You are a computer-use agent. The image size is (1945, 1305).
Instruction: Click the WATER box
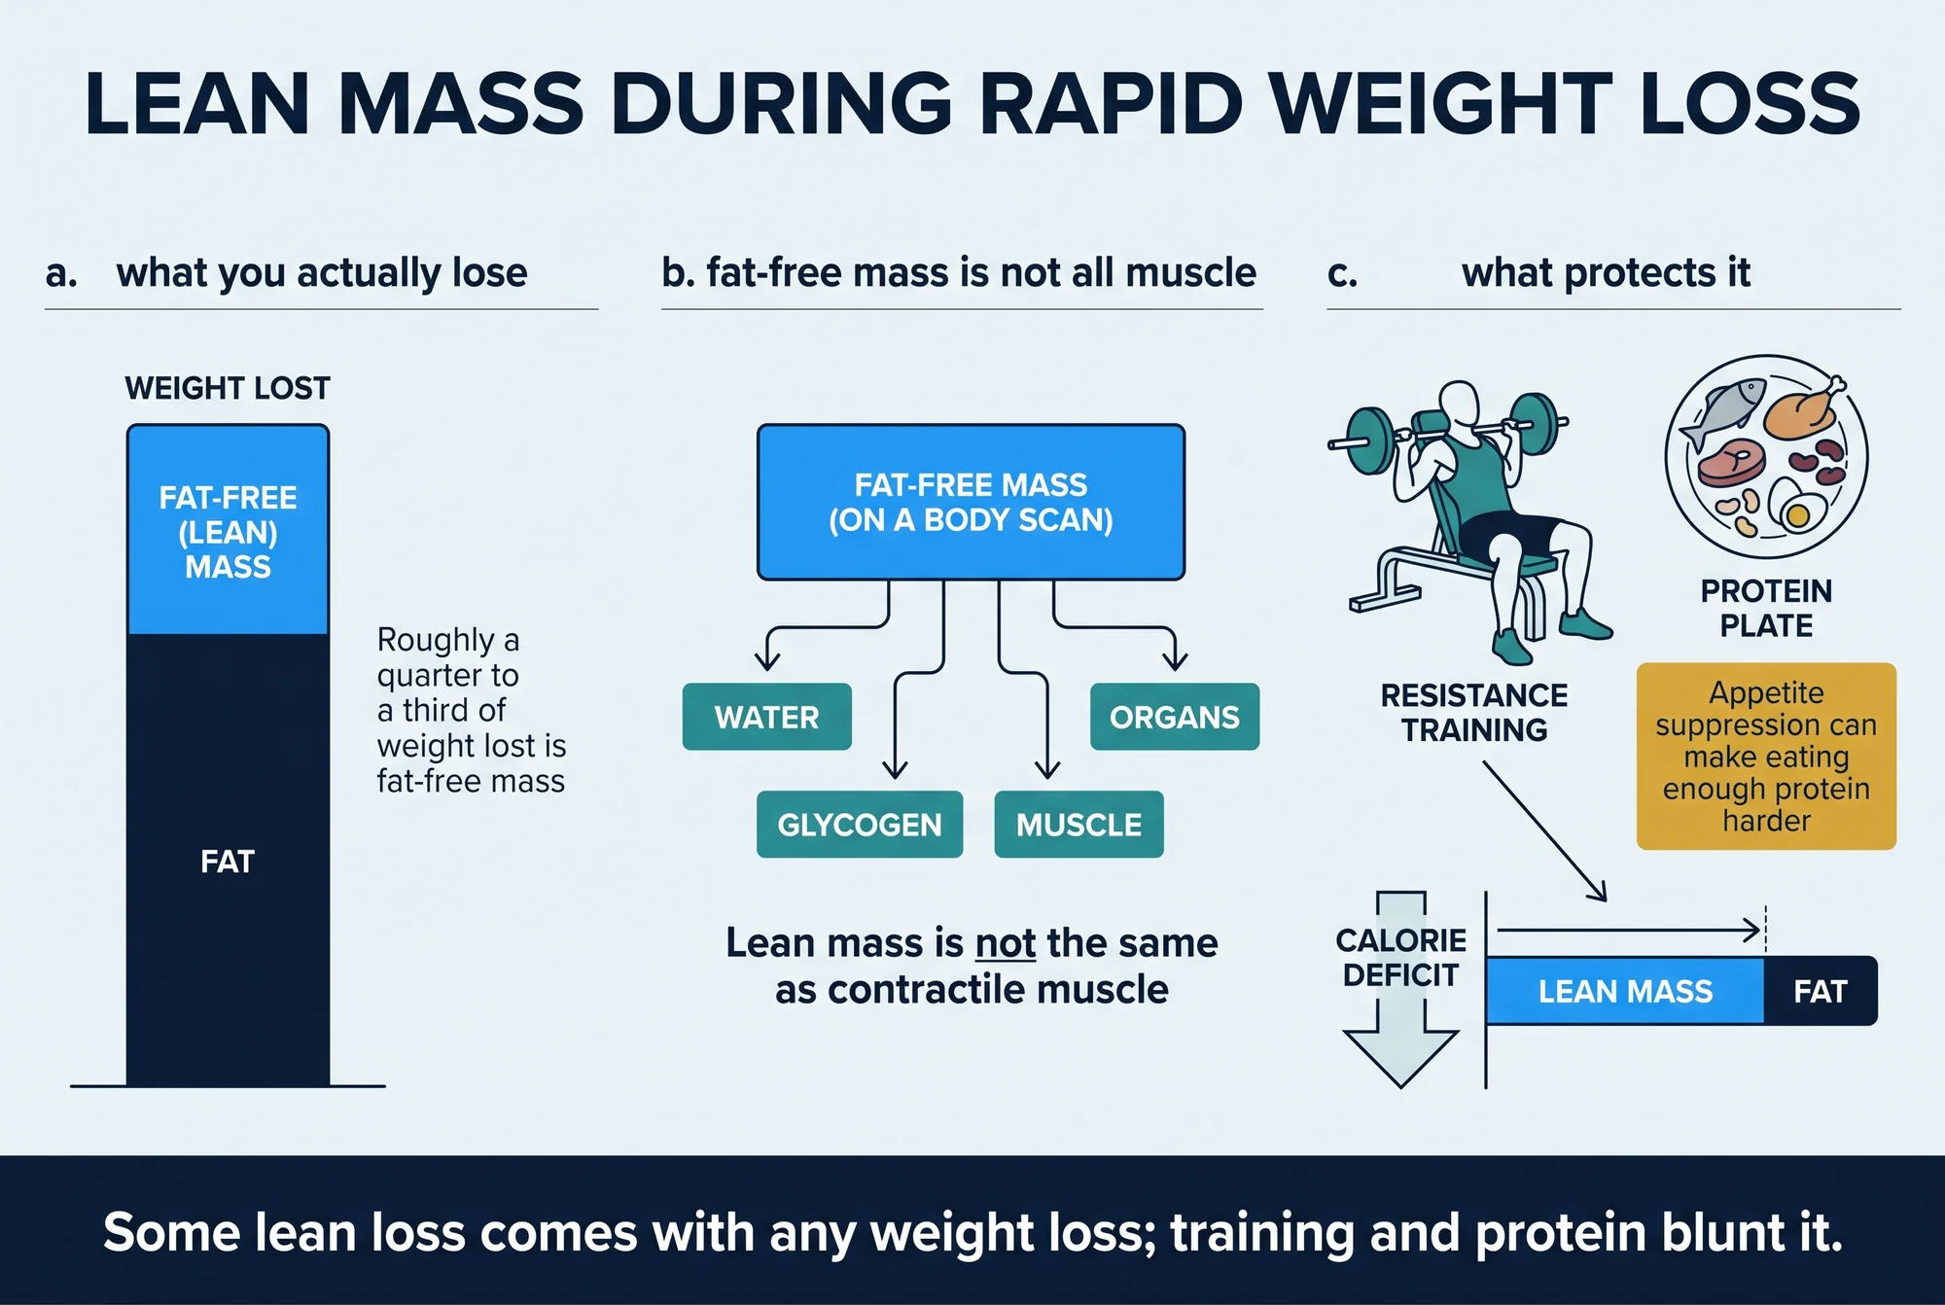pyautogui.click(x=766, y=717)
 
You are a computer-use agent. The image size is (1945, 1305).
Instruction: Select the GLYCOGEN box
pyautogui.click(x=860, y=825)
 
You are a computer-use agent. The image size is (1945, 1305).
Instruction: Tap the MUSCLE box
pyautogui.click(x=1079, y=825)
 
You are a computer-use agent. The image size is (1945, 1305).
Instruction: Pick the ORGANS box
pyautogui.click(x=1175, y=717)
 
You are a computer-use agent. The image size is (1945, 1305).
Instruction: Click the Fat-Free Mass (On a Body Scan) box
pyautogui.click(x=971, y=502)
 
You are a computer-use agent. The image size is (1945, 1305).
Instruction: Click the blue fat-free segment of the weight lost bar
pyautogui.click(x=228, y=530)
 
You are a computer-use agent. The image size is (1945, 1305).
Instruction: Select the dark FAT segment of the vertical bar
pyautogui.click(x=228, y=860)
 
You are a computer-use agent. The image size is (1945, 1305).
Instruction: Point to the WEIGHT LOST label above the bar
pyautogui.click(x=228, y=388)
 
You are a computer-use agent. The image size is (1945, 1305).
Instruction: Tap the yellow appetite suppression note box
pyautogui.click(x=1766, y=757)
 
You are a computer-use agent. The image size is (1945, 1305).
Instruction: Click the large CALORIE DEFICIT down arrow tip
pyautogui.click(x=1400, y=1086)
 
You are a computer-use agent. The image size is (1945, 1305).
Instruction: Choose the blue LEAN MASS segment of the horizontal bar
pyautogui.click(x=1625, y=991)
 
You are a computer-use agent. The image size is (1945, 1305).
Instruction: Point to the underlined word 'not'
pyautogui.click(x=1006, y=943)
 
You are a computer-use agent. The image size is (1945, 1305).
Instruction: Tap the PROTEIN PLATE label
pyautogui.click(x=1766, y=608)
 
